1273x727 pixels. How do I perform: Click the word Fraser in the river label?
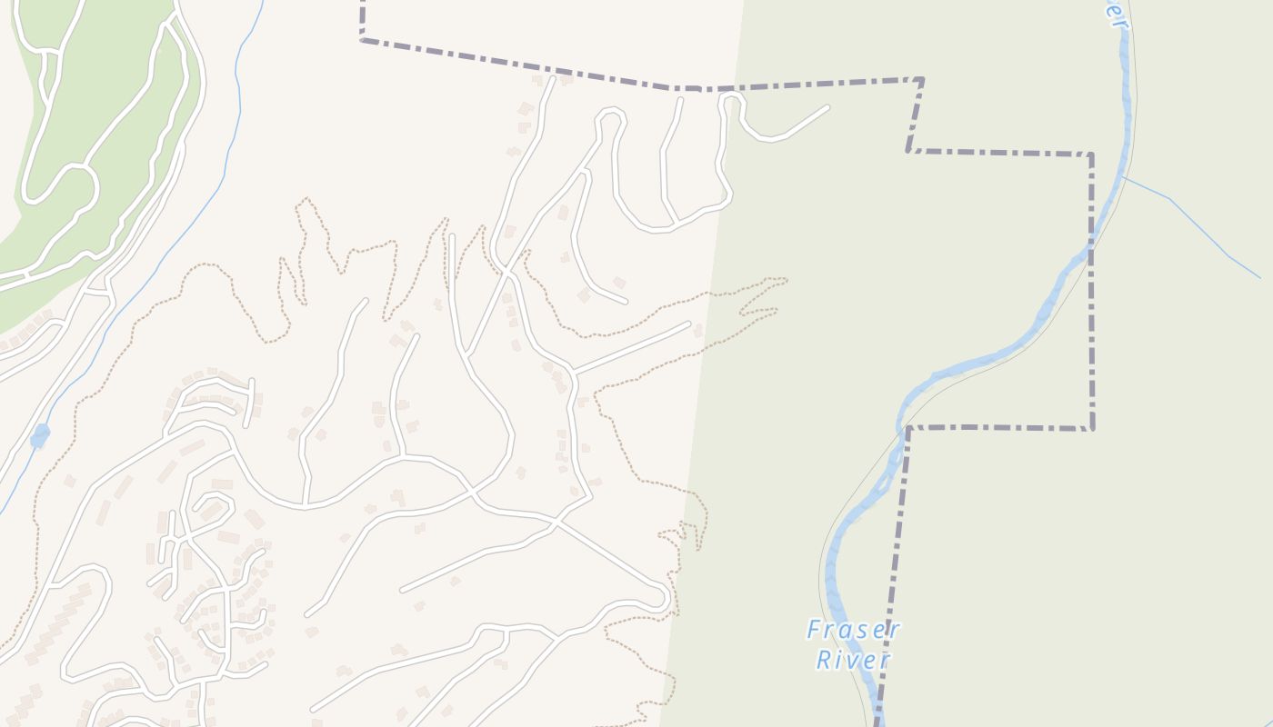pyautogui.click(x=853, y=629)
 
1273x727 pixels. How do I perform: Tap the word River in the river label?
pyautogui.click(x=853, y=660)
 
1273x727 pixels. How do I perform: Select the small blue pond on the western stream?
pyautogui.click(x=40, y=436)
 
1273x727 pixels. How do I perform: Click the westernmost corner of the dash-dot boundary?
pyautogui.click(x=362, y=39)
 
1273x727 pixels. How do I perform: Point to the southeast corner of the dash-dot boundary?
pyautogui.click(x=1091, y=428)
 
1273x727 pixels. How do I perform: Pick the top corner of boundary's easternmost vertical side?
pyautogui.click(x=1091, y=154)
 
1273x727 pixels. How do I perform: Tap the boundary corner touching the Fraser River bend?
pyautogui.click(x=907, y=428)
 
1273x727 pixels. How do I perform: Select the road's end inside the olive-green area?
pyautogui.click(x=827, y=107)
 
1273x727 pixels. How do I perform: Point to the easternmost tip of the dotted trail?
pyautogui.click(x=787, y=280)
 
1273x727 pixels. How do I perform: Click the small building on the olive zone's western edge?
pyautogui.click(x=698, y=330)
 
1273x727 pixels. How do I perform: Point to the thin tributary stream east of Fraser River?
pyautogui.click(x=1200, y=227)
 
